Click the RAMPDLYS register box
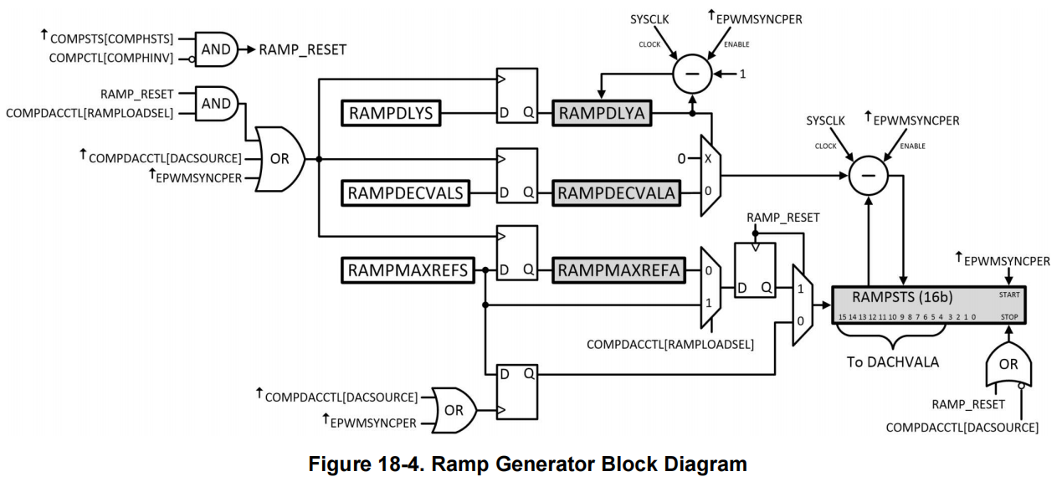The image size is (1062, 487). (x=391, y=113)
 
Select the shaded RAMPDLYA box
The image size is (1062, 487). (x=602, y=113)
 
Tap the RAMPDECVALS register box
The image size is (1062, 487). (x=405, y=193)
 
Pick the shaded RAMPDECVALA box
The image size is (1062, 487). (x=616, y=193)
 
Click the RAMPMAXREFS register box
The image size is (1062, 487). (x=408, y=270)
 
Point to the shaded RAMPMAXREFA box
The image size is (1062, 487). (x=618, y=270)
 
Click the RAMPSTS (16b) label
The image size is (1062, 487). (x=902, y=297)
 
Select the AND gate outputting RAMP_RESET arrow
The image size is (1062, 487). (x=216, y=49)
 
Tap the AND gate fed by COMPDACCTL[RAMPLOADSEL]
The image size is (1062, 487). (x=216, y=104)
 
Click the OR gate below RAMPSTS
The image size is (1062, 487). (x=1008, y=364)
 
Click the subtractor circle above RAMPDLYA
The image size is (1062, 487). (x=692, y=74)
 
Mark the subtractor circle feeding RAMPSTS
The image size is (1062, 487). (x=868, y=176)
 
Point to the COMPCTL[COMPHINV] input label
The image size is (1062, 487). (x=111, y=58)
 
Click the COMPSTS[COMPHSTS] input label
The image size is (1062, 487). (x=112, y=38)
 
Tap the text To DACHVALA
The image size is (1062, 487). (x=893, y=362)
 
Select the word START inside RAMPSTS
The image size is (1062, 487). (x=1009, y=295)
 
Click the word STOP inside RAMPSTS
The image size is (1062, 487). (x=1009, y=317)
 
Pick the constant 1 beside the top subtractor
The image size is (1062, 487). (x=742, y=74)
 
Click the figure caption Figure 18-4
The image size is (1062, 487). (x=366, y=464)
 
